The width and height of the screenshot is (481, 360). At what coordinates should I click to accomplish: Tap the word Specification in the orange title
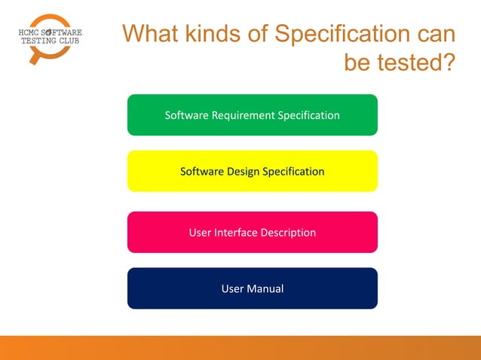point(342,35)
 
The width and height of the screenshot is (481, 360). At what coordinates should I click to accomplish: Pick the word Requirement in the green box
point(244,115)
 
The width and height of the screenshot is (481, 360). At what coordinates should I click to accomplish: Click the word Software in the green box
point(187,115)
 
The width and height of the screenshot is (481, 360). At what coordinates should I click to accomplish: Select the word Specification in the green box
point(309,115)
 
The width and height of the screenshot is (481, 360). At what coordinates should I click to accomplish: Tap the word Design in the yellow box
point(242,172)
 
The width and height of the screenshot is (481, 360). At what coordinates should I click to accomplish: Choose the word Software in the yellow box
point(203,172)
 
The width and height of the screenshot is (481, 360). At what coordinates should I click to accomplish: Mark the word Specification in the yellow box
point(293,172)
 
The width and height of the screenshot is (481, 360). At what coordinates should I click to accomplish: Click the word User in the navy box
point(233,288)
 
